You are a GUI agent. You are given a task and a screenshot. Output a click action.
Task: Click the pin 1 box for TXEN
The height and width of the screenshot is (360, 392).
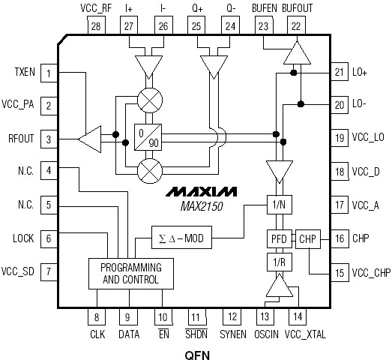(x=49, y=73)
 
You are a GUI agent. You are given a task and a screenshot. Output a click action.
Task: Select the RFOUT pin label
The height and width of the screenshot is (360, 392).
(x=20, y=138)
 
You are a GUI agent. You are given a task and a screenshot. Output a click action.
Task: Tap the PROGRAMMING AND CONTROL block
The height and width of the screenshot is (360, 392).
(x=124, y=274)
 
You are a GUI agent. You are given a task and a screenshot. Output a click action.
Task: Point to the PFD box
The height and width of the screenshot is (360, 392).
(x=277, y=238)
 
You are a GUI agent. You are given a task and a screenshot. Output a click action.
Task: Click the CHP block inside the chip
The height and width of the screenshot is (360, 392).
(x=308, y=238)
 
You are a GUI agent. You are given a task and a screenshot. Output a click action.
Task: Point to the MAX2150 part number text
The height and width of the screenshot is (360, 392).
(x=202, y=205)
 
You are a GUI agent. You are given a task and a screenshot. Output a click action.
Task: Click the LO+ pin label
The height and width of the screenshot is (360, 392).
(x=360, y=73)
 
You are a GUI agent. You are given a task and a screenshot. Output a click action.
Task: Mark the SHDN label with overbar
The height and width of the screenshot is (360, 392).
(x=196, y=335)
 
